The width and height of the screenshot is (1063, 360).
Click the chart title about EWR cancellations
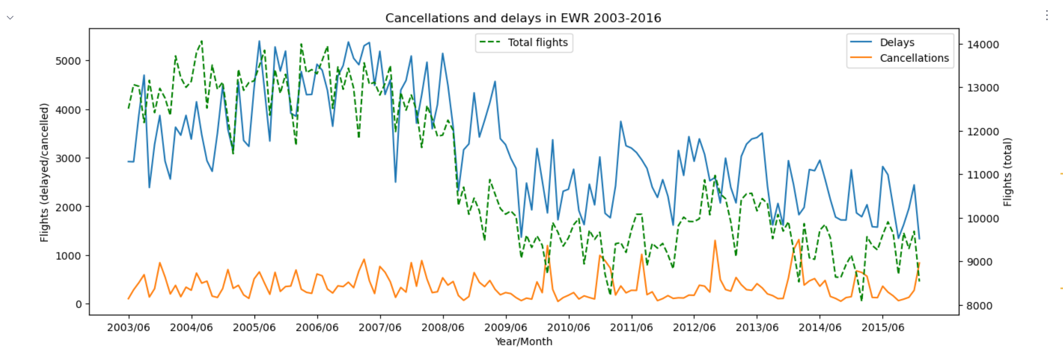point(523,18)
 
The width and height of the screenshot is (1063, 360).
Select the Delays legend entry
point(897,43)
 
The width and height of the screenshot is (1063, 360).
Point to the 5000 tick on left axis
point(68,61)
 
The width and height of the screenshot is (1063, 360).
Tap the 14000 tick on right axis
point(982,45)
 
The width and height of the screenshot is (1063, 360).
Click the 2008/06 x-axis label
point(443,328)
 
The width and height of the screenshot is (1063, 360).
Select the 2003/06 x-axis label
point(129,328)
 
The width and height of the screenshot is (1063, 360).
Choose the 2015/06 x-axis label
point(883,328)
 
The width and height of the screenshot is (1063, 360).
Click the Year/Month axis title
point(523,341)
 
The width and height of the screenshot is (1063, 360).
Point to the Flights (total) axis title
point(1007,172)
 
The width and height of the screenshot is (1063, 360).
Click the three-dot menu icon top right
point(1047,16)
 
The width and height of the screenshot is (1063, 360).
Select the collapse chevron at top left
point(10,18)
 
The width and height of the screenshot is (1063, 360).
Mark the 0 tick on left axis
point(78,304)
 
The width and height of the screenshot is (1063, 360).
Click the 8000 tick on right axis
point(979,306)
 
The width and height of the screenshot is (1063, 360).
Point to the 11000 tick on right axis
point(982,175)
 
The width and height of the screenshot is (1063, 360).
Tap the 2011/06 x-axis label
point(631,328)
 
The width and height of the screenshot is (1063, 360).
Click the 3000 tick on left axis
point(68,159)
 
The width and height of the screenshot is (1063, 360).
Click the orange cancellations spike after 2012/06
point(715,242)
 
